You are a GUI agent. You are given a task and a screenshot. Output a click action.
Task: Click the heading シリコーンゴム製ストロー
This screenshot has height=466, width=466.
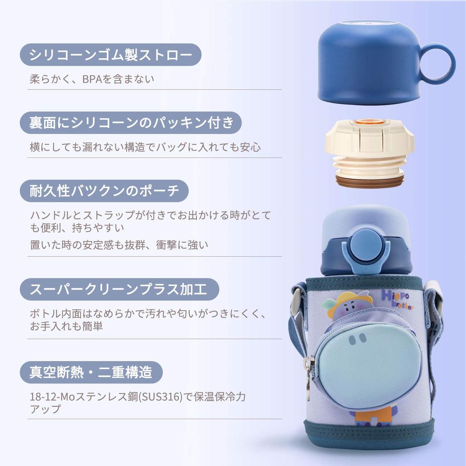click(111, 55)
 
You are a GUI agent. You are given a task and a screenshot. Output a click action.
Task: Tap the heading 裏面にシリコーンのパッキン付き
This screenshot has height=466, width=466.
click(131, 123)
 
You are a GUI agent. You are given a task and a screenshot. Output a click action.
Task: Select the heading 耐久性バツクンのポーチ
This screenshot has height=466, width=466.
click(104, 191)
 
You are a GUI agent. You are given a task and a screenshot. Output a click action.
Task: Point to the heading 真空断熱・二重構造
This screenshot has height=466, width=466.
click(91, 373)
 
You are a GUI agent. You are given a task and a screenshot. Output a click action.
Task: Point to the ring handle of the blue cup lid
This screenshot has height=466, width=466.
click(437, 64)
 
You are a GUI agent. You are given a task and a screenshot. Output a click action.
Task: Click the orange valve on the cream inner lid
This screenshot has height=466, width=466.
click(369, 122)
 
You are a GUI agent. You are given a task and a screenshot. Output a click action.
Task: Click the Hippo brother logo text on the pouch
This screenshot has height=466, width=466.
click(397, 300)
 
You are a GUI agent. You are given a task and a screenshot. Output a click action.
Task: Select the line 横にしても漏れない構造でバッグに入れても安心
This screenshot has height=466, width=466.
click(145, 147)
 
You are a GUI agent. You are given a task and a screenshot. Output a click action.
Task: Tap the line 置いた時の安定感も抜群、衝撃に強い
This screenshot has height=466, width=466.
click(119, 245)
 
